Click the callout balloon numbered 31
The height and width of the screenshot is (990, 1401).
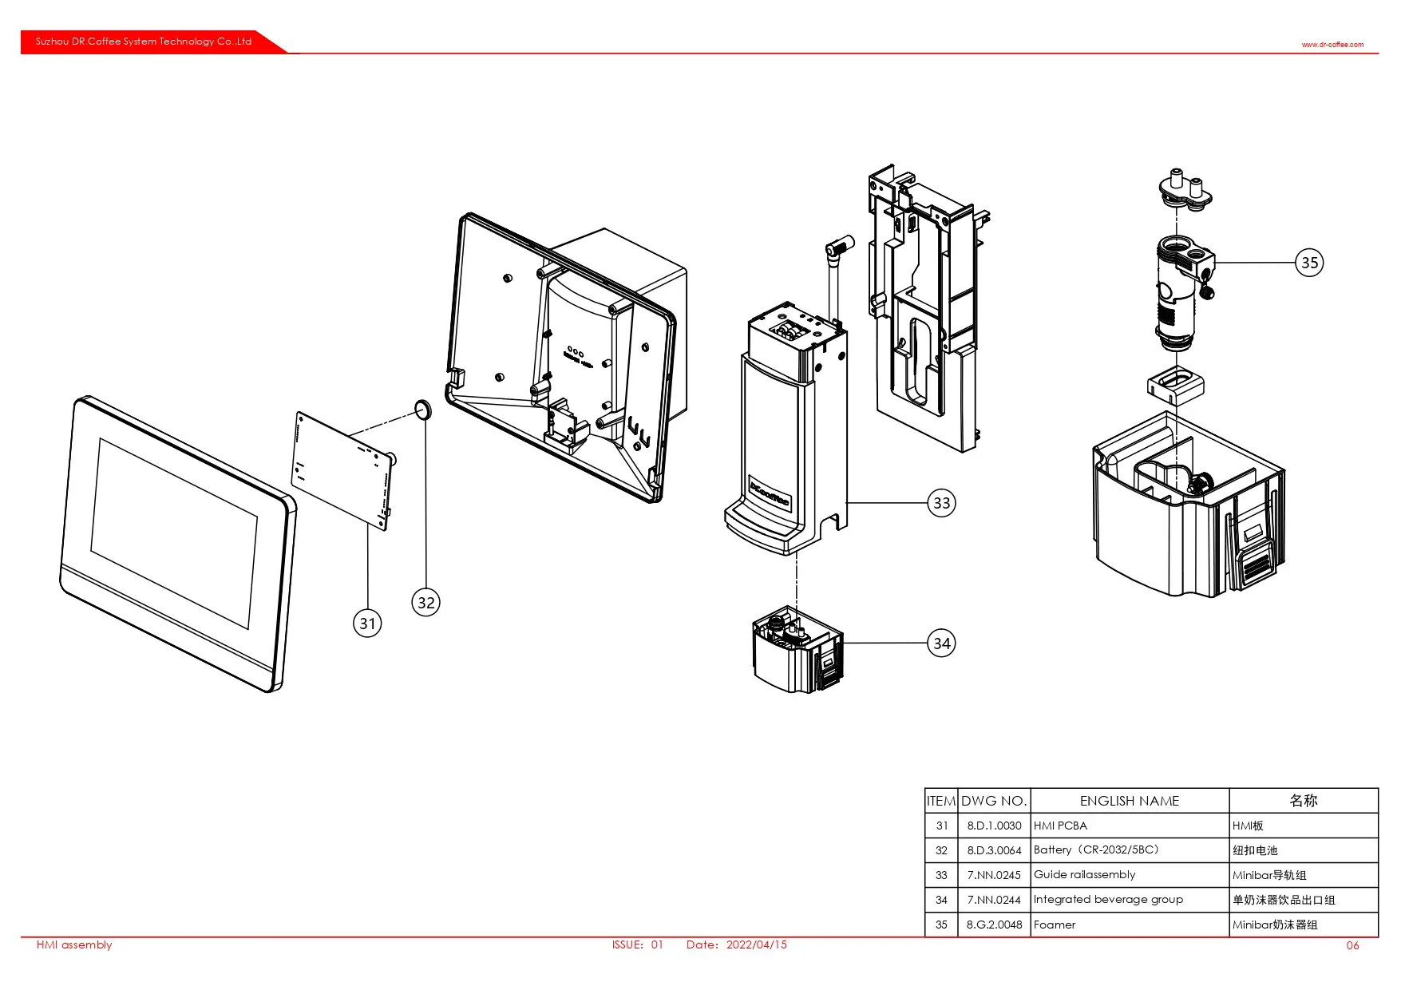tap(367, 624)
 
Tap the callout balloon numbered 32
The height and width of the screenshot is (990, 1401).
tap(426, 603)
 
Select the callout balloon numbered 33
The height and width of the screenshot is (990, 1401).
tap(942, 503)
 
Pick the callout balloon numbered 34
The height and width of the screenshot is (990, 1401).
tap(942, 643)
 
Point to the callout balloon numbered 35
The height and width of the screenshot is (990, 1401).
tap(1309, 263)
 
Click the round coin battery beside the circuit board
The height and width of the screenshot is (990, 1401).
tap(423, 411)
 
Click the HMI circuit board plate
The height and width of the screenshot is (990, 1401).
tap(342, 469)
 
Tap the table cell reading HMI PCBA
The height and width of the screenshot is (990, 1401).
tap(1060, 826)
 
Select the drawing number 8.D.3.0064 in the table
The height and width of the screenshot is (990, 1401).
tap(994, 850)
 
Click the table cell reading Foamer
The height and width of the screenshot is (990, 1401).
tap(1055, 925)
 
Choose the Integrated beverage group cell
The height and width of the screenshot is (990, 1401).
tap(1108, 900)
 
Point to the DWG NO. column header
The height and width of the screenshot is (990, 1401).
tap(994, 801)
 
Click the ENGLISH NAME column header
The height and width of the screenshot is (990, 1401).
tap(1129, 801)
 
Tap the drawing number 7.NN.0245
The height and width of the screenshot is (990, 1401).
tap(994, 875)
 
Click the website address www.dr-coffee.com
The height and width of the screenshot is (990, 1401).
tap(1332, 45)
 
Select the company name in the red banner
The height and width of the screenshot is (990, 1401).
tap(144, 42)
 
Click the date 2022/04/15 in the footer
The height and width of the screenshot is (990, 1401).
tap(756, 944)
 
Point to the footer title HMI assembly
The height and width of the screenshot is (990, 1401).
tap(74, 944)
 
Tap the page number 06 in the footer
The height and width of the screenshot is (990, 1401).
tap(1352, 945)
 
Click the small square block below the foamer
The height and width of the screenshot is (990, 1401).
tap(1175, 383)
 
